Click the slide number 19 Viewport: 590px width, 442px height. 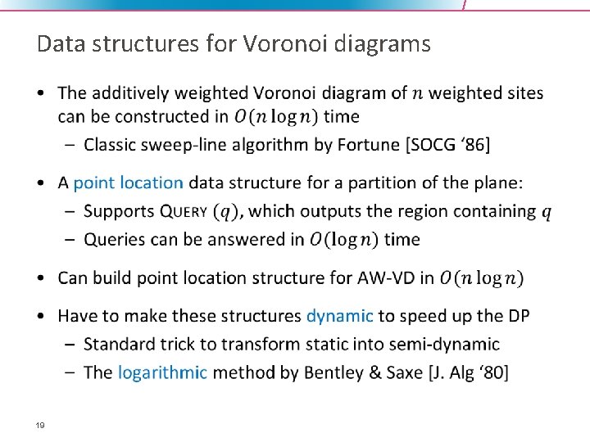[39, 425]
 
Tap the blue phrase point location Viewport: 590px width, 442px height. [128, 183]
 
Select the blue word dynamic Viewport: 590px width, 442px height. [339, 315]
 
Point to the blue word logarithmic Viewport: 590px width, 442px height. [162, 372]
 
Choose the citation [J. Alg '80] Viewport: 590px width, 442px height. [468, 372]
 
